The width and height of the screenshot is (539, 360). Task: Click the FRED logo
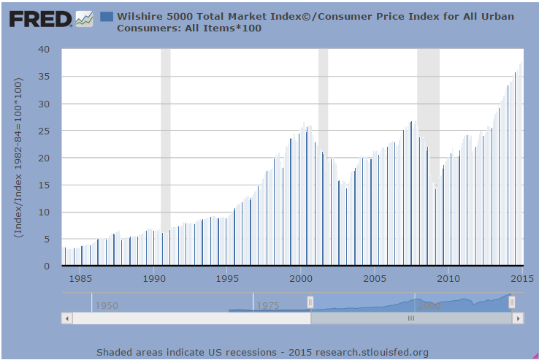pyautogui.click(x=40, y=18)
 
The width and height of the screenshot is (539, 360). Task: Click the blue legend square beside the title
pyautogui.click(x=106, y=16)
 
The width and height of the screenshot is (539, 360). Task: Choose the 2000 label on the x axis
pyautogui.click(x=301, y=278)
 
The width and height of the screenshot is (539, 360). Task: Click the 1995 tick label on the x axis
pyautogui.click(x=228, y=278)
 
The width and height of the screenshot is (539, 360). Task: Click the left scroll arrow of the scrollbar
pyautogui.click(x=67, y=318)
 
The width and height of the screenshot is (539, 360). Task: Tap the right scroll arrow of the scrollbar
pyautogui.click(x=517, y=318)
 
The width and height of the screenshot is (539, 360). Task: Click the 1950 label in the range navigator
pyautogui.click(x=107, y=305)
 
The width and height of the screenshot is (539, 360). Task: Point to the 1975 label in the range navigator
pyautogui.click(x=268, y=305)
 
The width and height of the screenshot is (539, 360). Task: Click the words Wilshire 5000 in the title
pyautogui.click(x=155, y=16)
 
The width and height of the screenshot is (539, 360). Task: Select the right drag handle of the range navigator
pyautogui.click(x=511, y=302)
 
